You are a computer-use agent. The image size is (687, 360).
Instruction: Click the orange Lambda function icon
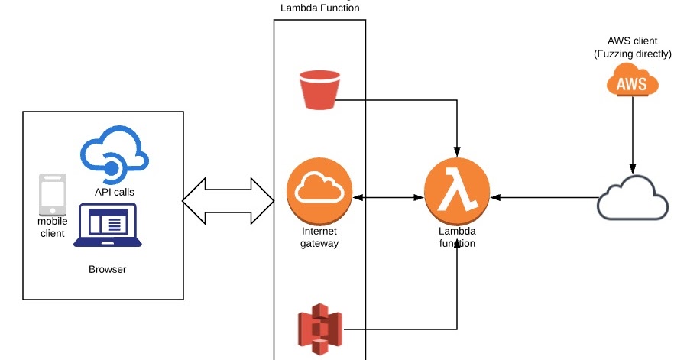tap(457, 194)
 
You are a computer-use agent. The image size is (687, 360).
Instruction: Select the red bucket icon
tap(319, 89)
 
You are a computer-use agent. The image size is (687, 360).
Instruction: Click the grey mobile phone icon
tap(53, 194)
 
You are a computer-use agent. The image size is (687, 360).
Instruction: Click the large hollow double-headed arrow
tap(228, 200)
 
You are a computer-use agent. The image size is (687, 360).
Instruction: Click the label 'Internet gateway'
tap(319, 238)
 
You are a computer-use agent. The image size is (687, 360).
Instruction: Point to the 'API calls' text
tap(115, 193)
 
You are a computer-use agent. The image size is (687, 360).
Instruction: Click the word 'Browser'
tap(108, 269)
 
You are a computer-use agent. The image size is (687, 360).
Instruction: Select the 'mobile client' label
tap(53, 227)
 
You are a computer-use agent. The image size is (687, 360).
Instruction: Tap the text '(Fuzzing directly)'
tap(632, 54)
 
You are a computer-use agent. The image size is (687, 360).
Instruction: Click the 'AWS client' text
tap(632, 41)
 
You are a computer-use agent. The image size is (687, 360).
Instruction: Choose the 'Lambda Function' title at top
tap(320, 8)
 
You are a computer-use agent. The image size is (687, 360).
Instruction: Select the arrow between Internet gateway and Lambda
tap(388, 198)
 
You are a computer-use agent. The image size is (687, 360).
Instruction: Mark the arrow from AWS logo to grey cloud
tap(632, 134)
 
